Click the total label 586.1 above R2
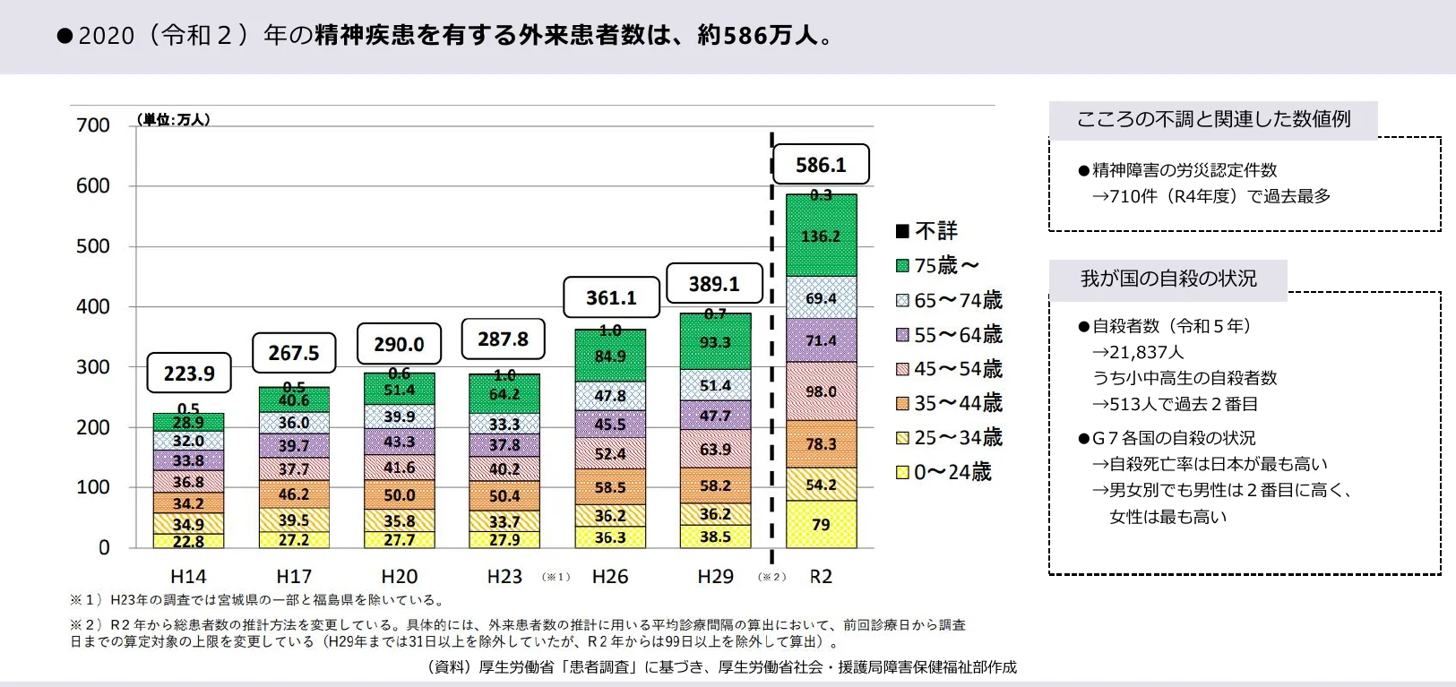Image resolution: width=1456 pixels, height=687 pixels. point(821,165)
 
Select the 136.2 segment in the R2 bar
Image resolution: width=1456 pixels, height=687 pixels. point(821,236)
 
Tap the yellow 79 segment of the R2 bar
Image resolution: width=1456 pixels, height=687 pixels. point(821,524)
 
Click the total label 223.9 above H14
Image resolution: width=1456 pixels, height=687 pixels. point(189,373)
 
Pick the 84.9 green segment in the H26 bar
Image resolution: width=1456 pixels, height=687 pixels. point(610,356)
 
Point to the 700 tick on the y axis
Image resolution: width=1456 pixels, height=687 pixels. point(93,125)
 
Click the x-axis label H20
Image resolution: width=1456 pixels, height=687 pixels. point(400,576)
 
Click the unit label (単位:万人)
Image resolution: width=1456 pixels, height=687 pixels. point(174,119)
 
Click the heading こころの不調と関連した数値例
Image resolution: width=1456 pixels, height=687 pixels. point(1212,119)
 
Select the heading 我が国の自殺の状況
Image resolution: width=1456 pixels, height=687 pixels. point(1167,279)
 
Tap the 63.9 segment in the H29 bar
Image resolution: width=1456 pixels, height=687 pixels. point(715,449)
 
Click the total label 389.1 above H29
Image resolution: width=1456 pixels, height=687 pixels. point(714,284)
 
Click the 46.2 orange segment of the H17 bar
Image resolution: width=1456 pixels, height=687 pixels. point(294,494)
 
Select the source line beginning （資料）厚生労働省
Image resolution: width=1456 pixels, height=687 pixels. point(722,666)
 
